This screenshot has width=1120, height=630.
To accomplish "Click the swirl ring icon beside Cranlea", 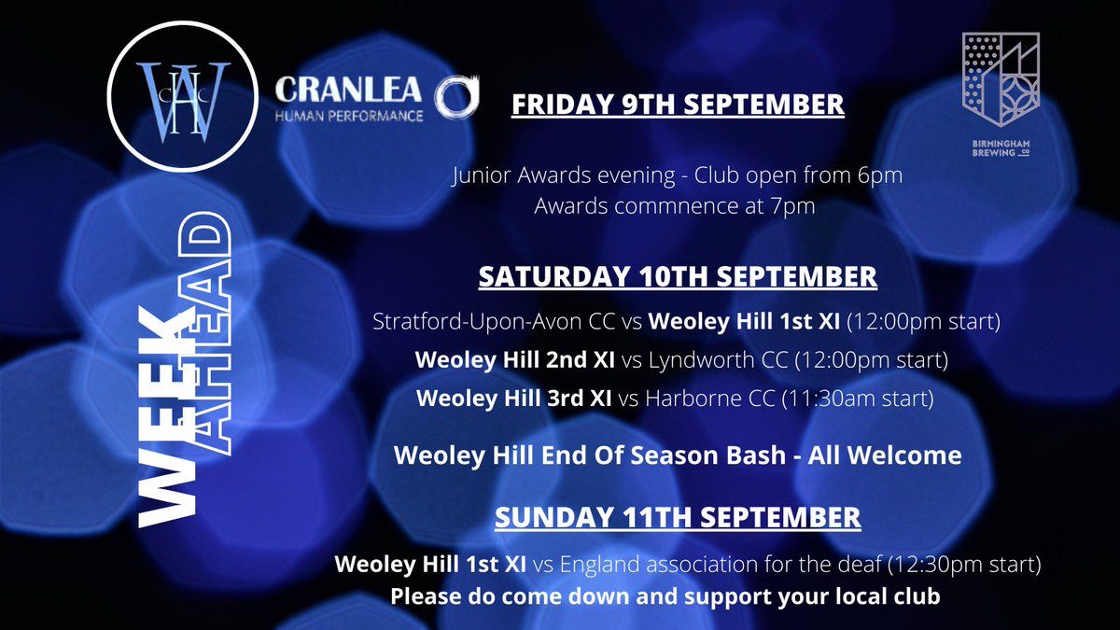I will tap(456, 98).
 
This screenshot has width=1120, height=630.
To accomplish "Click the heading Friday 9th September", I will tap(678, 103).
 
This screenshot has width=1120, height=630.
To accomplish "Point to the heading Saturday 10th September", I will tap(678, 277).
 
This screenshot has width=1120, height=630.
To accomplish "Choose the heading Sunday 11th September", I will tap(678, 515).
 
